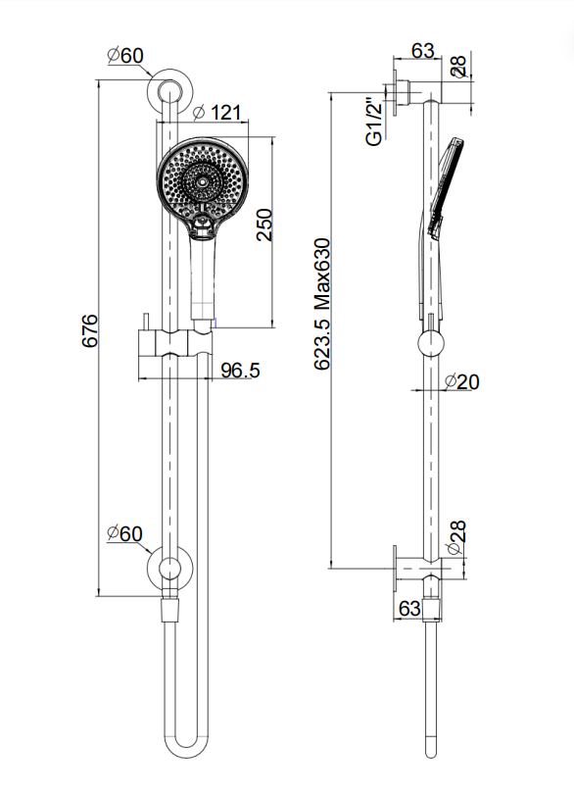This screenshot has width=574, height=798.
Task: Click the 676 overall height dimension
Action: [90, 330]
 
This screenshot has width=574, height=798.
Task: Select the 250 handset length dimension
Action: [264, 224]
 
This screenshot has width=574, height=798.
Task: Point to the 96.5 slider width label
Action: [240, 370]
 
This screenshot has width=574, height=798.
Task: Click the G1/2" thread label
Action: [374, 123]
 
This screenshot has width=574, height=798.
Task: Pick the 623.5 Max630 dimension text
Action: [322, 304]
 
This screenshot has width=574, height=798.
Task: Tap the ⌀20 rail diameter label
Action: [462, 381]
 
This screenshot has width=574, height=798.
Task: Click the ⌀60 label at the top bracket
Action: [125, 56]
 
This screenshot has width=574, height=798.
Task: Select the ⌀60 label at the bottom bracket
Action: [125, 533]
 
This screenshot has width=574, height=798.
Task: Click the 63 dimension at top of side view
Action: [423, 50]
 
